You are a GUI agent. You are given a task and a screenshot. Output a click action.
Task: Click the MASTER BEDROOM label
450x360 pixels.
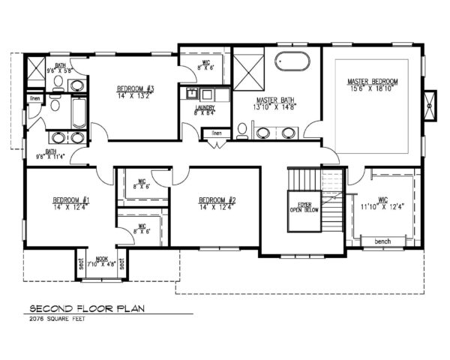tap(372, 81)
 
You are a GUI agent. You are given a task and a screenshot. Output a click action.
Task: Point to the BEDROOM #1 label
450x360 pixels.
tap(71, 200)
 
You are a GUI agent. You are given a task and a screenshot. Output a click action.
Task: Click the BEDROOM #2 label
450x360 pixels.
tap(217, 200)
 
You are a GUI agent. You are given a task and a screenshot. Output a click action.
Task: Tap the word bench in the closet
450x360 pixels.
tap(382, 241)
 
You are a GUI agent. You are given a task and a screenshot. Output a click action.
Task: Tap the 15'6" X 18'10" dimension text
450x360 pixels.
tap(372, 88)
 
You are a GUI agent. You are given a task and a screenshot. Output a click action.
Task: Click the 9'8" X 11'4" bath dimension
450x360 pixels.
tap(51, 156)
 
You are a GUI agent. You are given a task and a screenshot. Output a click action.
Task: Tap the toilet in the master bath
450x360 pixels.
tap(242, 130)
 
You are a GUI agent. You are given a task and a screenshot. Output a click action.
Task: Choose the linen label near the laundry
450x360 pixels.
tap(216, 133)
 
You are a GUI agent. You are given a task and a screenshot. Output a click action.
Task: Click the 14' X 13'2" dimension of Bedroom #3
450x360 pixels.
tap(135, 96)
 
